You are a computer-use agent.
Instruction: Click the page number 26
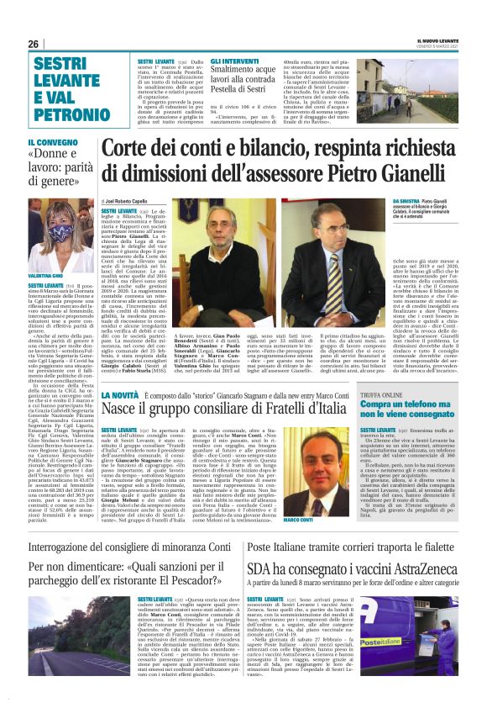pyautogui.click(x=34, y=44)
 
